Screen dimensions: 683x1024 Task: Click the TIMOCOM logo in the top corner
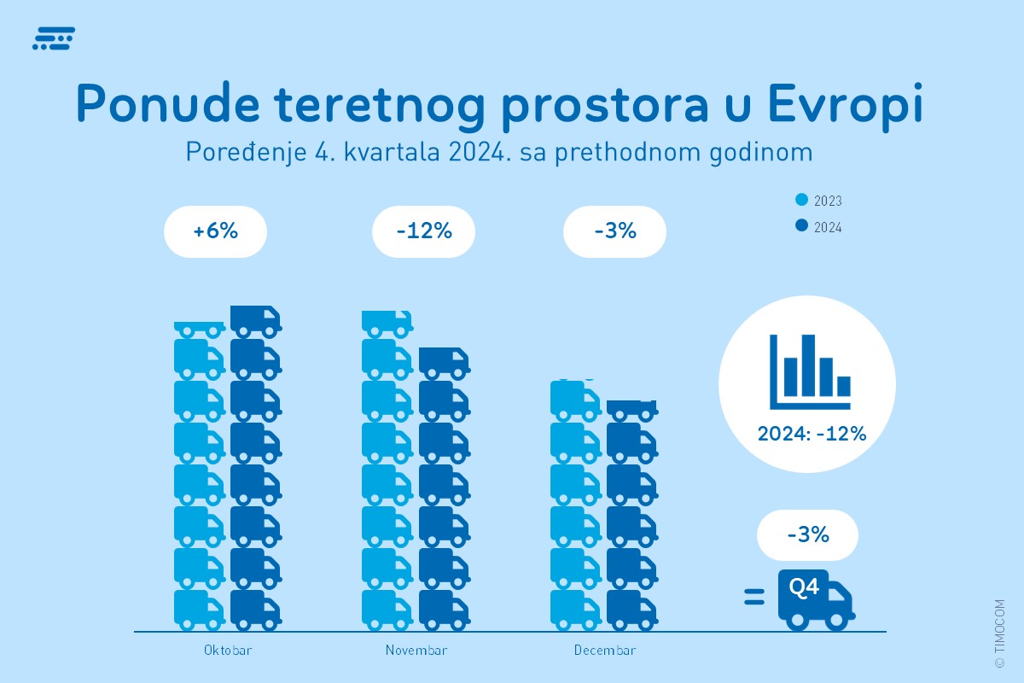[x=53, y=38]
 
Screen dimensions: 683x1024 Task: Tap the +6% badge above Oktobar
[x=216, y=231]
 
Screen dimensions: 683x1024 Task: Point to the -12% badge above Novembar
[x=424, y=231]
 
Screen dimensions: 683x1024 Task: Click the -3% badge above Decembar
[x=615, y=231]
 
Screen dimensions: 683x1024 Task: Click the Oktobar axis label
[x=228, y=651]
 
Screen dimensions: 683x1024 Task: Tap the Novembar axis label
[x=416, y=651]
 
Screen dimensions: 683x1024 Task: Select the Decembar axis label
[x=605, y=651]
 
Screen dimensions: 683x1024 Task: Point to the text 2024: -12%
[x=812, y=434]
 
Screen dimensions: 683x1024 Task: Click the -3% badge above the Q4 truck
[x=808, y=535]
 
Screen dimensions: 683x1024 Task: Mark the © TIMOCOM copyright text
[x=999, y=632]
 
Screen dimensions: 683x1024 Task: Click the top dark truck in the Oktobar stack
[x=255, y=322]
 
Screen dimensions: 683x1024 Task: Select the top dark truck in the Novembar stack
[x=444, y=363]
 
